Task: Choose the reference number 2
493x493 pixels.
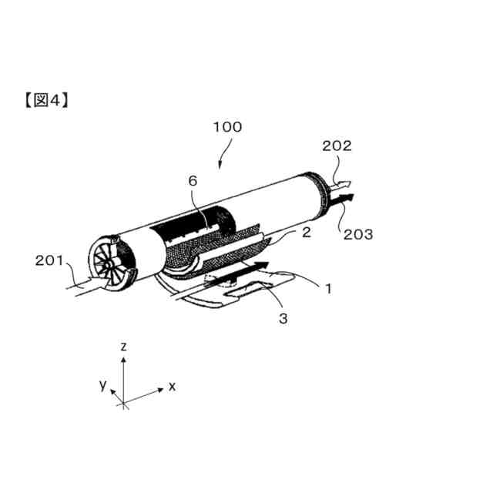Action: coord(306,231)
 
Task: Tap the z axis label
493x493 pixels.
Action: coord(123,348)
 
